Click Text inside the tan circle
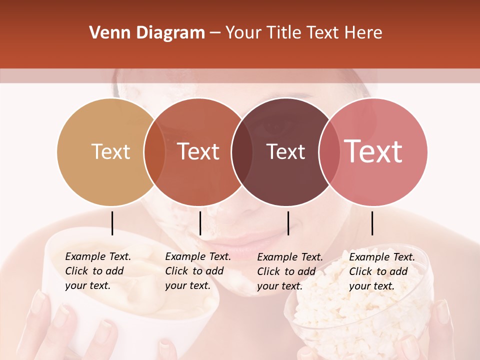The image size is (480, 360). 110,151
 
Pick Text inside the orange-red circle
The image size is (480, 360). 198,151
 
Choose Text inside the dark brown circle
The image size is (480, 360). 285,151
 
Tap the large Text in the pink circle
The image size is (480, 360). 373,151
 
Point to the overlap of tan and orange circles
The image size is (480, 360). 154,152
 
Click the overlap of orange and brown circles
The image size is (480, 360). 241,152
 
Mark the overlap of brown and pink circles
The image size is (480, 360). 329,152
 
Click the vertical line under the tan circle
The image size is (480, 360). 112,223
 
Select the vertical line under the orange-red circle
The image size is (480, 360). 200,223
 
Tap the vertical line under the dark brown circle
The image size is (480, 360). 288,223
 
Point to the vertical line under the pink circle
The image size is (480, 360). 372,223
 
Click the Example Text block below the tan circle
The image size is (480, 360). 97,271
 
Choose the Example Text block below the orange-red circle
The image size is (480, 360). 197,271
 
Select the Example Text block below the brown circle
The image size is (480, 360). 289,271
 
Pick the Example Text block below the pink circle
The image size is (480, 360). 381,271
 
